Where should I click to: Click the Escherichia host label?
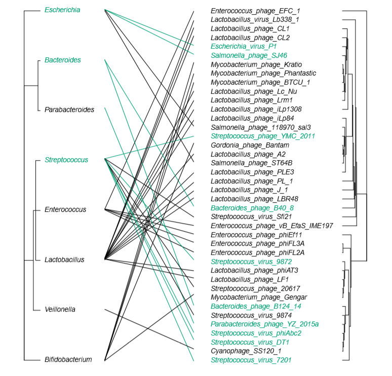pos(62,10)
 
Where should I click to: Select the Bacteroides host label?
pos(62,60)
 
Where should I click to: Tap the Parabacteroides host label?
pos(69,109)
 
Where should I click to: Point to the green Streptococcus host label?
pos(66,160)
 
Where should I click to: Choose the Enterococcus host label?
pos(65,209)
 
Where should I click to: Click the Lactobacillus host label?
pos(64,259)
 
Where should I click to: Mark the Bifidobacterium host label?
pos(68,360)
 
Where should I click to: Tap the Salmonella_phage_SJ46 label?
pos(249,56)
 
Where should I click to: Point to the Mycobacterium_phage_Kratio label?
pos(253,65)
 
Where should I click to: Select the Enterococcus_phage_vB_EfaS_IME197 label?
pos(271,225)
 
